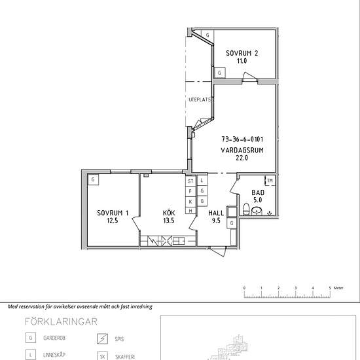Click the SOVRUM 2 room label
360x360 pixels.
pyautogui.click(x=242, y=53)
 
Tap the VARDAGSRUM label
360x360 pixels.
pyautogui.click(x=242, y=151)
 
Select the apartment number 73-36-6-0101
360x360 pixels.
pyautogui.click(x=242, y=139)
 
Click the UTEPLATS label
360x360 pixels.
pyautogui.click(x=200, y=100)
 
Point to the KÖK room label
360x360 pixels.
pyautogui.click(x=169, y=213)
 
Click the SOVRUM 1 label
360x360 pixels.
pyautogui.click(x=113, y=213)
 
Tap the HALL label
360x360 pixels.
pyautogui.click(x=216, y=213)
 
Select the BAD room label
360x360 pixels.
pyautogui.click(x=258, y=192)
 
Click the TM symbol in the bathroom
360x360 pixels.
pyautogui.click(x=270, y=181)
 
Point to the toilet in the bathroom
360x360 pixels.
pyautogui.click(x=246, y=209)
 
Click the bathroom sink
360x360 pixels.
pyautogui.click(x=257, y=211)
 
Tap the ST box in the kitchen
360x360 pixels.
pyautogui.click(x=190, y=181)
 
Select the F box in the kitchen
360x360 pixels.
pyautogui.click(x=190, y=191)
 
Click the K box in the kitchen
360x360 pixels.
pyautogui.click(x=190, y=202)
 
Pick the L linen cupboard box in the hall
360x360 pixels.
pyautogui.click(x=202, y=181)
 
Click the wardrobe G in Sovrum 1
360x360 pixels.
pyautogui.click(x=93, y=179)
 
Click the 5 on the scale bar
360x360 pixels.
pyautogui.click(x=330, y=288)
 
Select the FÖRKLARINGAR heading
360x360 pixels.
pyautogui.click(x=61, y=321)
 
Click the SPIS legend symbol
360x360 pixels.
pyautogui.click(x=102, y=339)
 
